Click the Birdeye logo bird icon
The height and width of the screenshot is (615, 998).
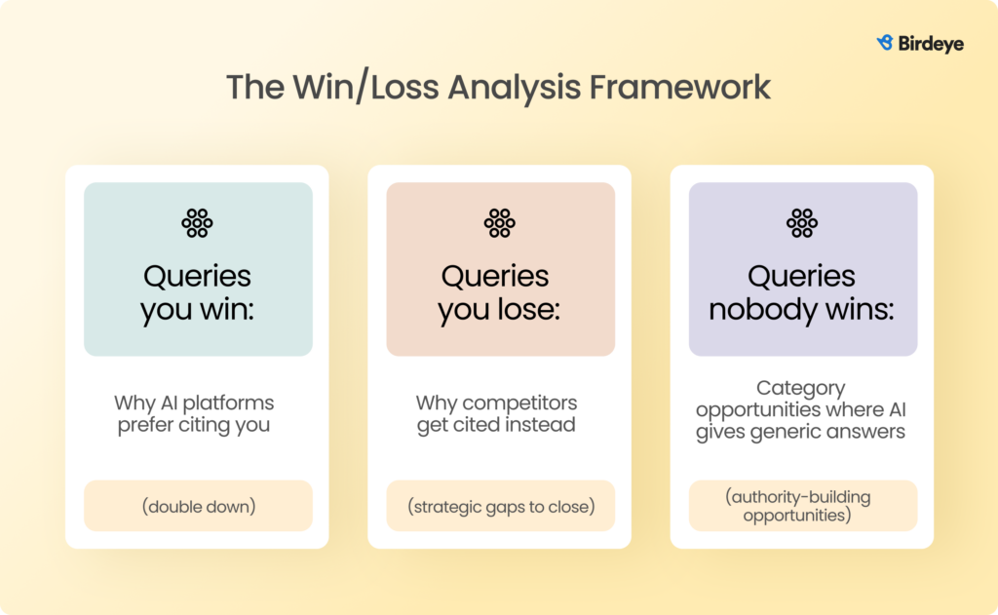click(x=885, y=43)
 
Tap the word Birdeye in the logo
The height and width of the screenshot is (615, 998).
click(x=929, y=44)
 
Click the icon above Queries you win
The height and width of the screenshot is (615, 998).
click(x=198, y=223)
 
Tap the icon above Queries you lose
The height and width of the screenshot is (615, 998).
click(x=500, y=223)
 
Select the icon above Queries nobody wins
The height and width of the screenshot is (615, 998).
click(x=802, y=223)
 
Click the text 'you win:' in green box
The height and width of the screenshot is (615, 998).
click(x=198, y=310)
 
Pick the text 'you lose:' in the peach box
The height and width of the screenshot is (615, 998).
click(x=500, y=310)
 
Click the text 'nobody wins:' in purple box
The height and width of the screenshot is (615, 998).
click(x=802, y=310)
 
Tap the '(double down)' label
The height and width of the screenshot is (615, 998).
click(x=198, y=506)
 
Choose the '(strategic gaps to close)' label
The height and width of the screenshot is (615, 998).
click(x=500, y=506)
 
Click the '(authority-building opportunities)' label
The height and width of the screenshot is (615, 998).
click(x=802, y=506)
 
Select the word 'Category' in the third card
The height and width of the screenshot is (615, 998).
click(x=801, y=389)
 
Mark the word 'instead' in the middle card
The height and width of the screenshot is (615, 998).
click(x=546, y=426)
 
